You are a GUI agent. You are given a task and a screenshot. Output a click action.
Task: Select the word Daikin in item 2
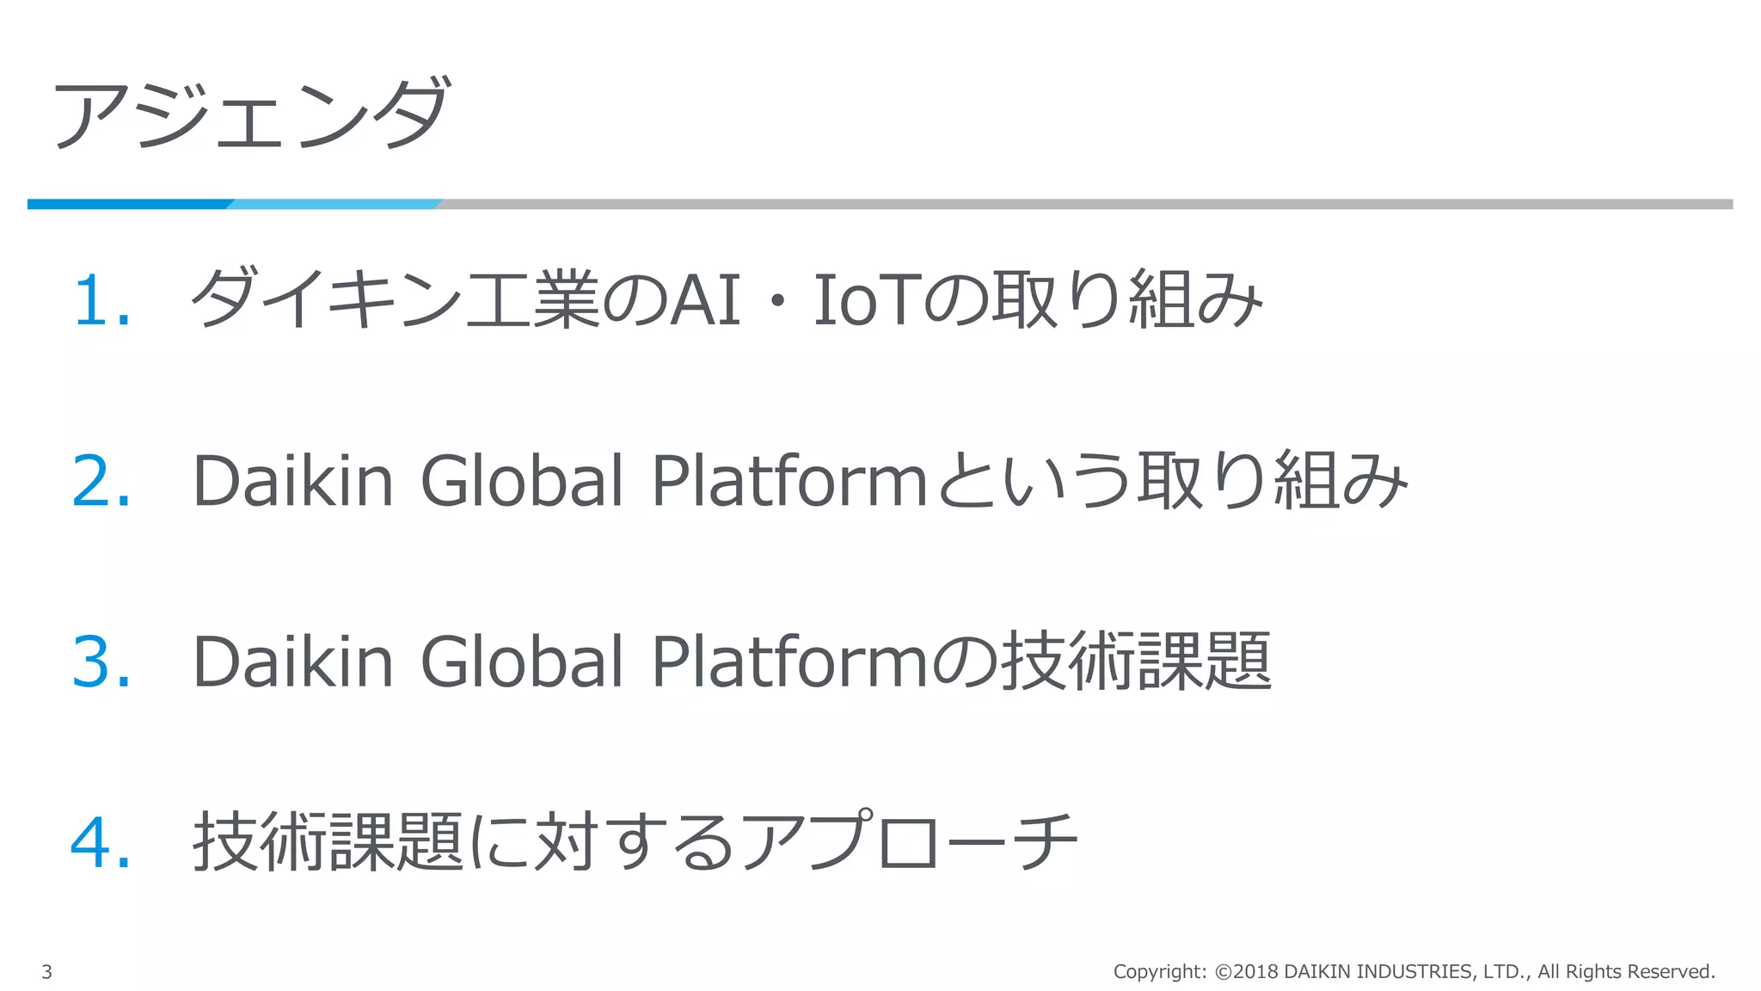tap(292, 480)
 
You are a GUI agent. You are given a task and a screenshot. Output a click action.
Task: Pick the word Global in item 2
tap(521, 480)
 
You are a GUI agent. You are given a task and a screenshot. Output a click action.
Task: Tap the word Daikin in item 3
tap(292, 661)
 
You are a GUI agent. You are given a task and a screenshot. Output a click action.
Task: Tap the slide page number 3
tap(47, 972)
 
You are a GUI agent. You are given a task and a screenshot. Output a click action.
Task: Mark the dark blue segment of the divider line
tap(129, 204)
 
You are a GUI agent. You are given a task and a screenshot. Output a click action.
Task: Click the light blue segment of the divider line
tap(335, 204)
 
